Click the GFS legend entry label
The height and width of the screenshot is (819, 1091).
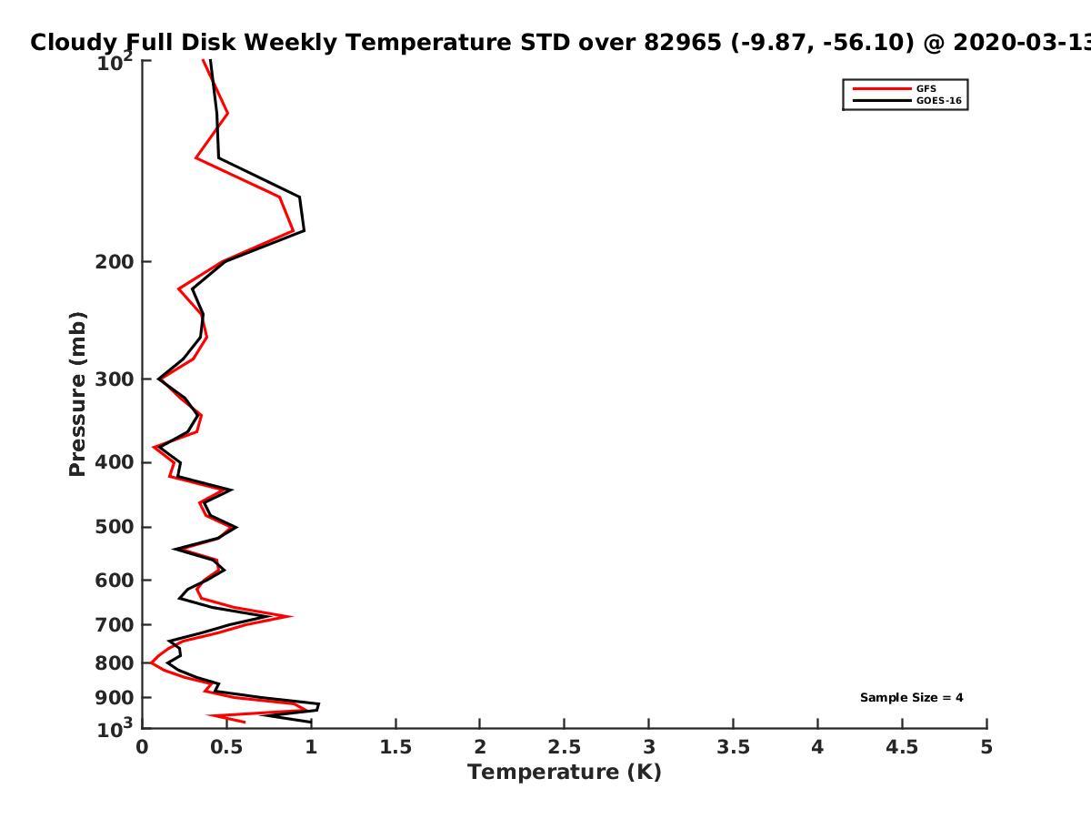926,89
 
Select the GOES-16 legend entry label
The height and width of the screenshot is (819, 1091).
939,101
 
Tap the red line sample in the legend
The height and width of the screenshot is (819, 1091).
882,89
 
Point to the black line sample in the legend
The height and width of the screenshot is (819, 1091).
882,101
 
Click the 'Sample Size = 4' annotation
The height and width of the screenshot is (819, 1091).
912,698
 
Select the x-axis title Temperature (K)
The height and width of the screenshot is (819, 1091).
565,773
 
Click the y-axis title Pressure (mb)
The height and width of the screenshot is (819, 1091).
77,394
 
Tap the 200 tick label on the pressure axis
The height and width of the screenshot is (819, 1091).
115,262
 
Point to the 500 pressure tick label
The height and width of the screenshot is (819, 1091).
115,527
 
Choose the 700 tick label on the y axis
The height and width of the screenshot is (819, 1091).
115,625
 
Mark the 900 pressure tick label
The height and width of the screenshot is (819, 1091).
115,698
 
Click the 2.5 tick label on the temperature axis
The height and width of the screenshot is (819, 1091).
565,747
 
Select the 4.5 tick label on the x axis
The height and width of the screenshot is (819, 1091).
902,747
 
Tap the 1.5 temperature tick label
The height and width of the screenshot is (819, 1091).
395,747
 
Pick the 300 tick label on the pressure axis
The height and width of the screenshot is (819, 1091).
115,379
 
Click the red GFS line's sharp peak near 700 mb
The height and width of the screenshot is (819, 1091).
291,617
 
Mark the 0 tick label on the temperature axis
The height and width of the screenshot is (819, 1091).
142,747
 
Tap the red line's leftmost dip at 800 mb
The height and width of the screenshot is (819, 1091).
152,662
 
